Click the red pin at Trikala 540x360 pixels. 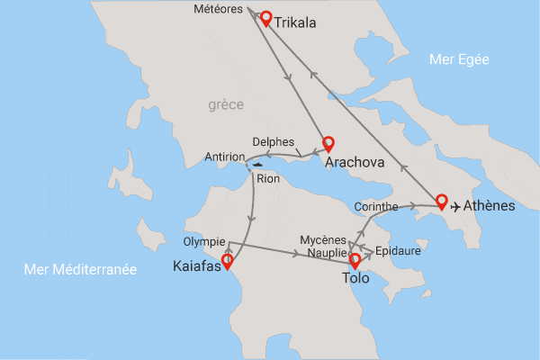click(x=265, y=17)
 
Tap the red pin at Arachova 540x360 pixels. click(x=328, y=143)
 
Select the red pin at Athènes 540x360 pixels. click(x=441, y=201)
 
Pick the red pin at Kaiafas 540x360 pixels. click(x=228, y=261)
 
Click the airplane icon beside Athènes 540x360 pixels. click(x=456, y=206)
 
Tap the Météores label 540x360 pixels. click(x=220, y=10)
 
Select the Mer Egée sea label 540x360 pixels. click(x=459, y=60)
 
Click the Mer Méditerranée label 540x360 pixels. click(x=81, y=269)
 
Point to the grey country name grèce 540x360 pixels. click(x=226, y=105)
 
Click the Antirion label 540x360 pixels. click(x=225, y=156)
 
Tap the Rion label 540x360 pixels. click(x=268, y=178)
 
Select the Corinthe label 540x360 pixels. click(x=377, y=206)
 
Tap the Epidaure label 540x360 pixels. click(x=398, y=251)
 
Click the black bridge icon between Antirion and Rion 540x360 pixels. click(x=258, y=165)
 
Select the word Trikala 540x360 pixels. click(x=299, y=22)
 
